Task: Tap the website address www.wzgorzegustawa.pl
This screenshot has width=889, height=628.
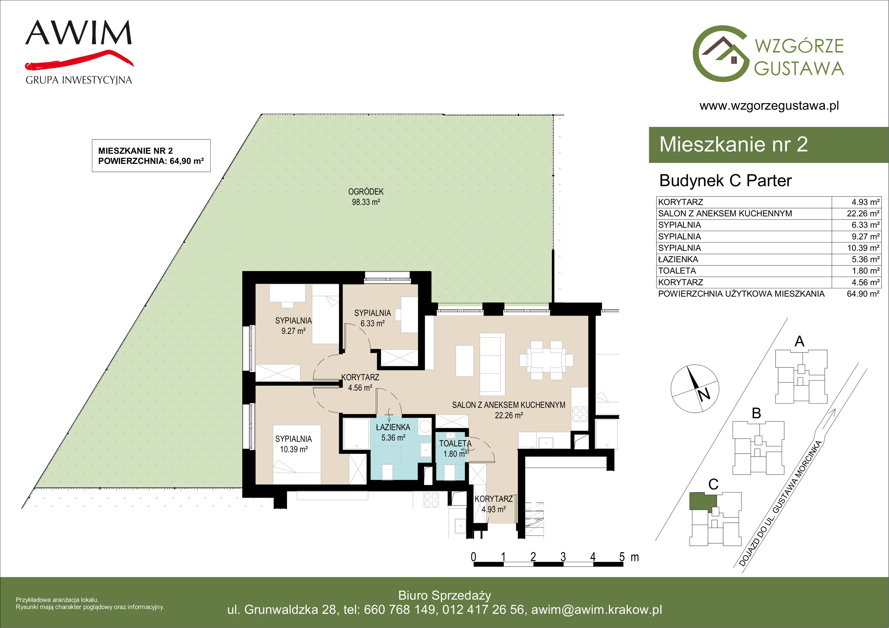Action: click(x=769, y=106)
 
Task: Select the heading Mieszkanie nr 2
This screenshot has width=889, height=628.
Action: click(x=733, y=144)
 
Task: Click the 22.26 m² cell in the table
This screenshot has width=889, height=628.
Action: click(x=863, y=213)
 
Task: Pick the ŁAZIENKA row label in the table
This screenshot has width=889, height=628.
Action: click(x=678, y=259)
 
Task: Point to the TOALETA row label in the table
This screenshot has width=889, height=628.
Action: click(x=677, y=271)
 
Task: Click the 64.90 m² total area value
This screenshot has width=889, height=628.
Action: click(x=863, y=294)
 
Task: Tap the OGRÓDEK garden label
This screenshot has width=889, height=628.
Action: click(x=366, y=192)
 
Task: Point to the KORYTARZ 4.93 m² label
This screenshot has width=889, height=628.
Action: click(x=494, y=504)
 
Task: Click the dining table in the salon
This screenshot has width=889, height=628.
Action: click(x=546, y=360)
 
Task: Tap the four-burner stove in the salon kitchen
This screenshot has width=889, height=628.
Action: click(x=580, y=414)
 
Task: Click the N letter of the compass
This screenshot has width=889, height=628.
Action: click(x=704, y=394)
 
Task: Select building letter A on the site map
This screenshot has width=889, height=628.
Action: click(x=799, y=341)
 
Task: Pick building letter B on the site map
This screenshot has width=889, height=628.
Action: click(x=756, y=413)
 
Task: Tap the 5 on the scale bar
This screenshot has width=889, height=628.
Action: click(x=622, y=557)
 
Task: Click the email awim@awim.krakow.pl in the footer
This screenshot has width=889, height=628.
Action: click(x=596, y=609)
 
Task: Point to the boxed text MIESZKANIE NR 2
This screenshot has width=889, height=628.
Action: click(x=136, y=151)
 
